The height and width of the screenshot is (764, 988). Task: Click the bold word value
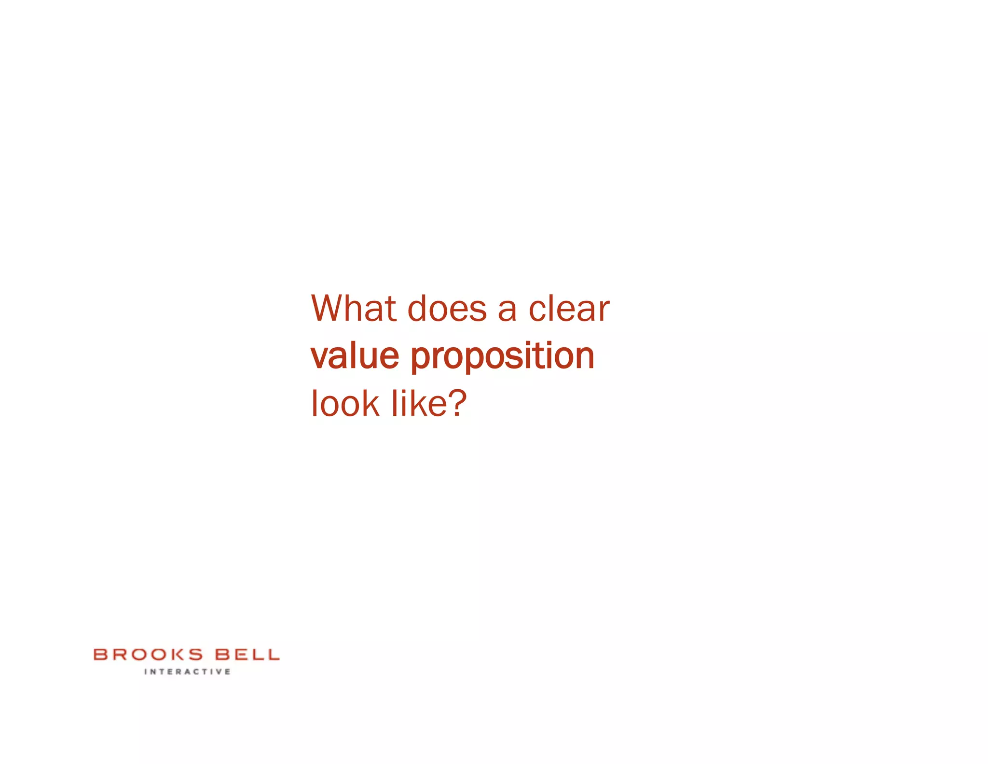point(355,356)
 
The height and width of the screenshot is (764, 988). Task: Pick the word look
point(345,403)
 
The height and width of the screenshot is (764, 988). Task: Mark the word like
point(419,403)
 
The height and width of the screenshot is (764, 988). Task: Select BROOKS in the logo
point(148,655)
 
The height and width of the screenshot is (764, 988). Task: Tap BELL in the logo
point(247,655)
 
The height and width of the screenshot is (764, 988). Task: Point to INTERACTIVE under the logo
point(187,672)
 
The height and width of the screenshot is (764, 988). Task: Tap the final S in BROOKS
point(194,655)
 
